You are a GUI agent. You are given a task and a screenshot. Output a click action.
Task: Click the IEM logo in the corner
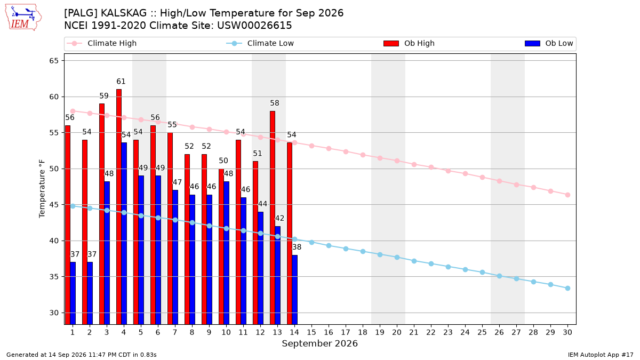(x=23, y=17)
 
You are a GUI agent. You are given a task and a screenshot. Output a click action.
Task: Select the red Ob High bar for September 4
(x=119, y=207)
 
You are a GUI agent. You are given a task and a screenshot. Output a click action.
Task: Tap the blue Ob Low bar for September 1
(x=73, y=293)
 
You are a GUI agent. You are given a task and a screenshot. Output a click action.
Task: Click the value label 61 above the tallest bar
(x=121, y=82)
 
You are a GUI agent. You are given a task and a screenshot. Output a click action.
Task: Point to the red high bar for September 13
(x=273, y=218)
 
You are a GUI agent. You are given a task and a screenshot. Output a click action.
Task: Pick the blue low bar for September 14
(x=294, y=290)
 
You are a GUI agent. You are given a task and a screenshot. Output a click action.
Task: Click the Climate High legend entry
(x=102, y=43)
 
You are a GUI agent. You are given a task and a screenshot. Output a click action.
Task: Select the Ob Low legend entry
(x=549, y=43)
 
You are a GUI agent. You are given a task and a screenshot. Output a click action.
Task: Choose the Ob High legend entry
(x=409, y=43)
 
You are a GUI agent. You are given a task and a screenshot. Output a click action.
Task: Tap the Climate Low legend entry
(x=260, y=43)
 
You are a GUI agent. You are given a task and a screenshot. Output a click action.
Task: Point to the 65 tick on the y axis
(x=54, y=61)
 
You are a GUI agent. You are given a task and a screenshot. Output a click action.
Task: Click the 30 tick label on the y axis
(x=54, y=313)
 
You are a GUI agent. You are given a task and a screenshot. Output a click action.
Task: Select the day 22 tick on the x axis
(x=431, y=332)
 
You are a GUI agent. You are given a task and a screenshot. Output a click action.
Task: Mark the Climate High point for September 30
(x=567, y=195)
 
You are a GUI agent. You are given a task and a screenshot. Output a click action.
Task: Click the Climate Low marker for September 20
(x=397, y=258)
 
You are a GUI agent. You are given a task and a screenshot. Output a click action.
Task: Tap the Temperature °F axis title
(x=42, y=189)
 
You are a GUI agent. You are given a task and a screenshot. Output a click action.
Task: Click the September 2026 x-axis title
(x=319, y=343)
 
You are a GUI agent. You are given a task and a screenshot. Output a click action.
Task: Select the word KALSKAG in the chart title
(x=124, y=13)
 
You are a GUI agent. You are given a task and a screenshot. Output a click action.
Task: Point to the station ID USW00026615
(x=254, y=26)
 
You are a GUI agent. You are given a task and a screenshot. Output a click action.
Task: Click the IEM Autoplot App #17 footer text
(x=601, y=355)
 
